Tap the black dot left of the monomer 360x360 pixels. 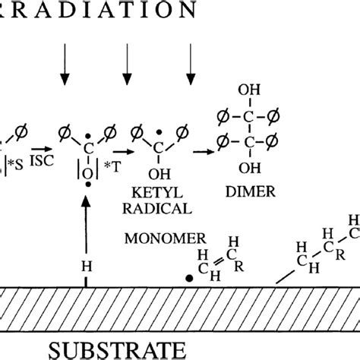188,278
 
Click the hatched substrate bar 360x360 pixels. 180,308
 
